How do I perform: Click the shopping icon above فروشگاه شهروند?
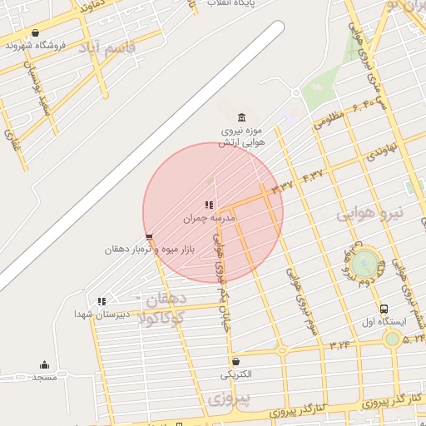[x=35, y=34]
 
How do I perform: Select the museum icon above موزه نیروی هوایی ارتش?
[x=241, y=116]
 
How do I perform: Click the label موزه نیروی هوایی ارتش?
[x=240, y=136]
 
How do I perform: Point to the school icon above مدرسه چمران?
[x=209, y=205]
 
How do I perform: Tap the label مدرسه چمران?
[x=211, y=218]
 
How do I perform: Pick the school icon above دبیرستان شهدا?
[x=102, y=301]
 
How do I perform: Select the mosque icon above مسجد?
[x=44, y=364]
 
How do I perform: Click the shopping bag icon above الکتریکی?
[x=237, y=361]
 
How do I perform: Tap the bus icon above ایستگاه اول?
[x=384, y=309]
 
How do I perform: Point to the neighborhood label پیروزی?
[x=230, y=401]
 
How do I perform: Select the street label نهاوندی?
[x=384, y=151]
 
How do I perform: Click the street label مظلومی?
[x=329, y=121]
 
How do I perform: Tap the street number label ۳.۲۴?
[x=339, y=344]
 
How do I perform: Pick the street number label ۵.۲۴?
[x=414, y=339]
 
